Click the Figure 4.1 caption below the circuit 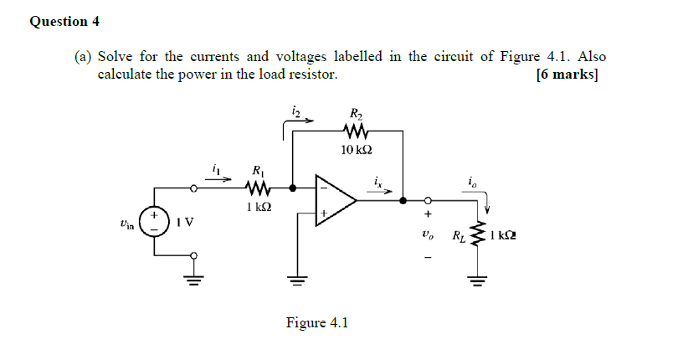pos(316,322)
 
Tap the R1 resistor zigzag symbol pos(258,188)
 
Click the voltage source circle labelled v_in pos(155,223)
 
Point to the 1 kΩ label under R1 pos(258,206)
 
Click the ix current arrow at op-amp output pos(380,190)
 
